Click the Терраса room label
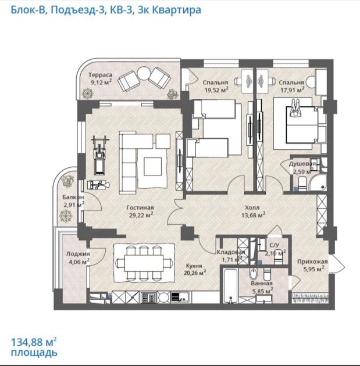100,75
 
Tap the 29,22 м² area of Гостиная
141,215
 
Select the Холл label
252,207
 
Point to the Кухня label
194,265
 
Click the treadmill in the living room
99,155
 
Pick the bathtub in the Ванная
230,285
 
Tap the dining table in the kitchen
144,263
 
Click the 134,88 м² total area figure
34,342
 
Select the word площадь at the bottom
34,353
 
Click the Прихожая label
312,261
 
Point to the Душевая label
302,164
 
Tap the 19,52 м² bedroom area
216,89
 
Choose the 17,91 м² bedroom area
293,89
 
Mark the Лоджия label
78,254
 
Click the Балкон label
73,197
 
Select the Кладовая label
231,252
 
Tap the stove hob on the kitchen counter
148,297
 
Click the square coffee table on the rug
152,166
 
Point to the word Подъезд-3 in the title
77,10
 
